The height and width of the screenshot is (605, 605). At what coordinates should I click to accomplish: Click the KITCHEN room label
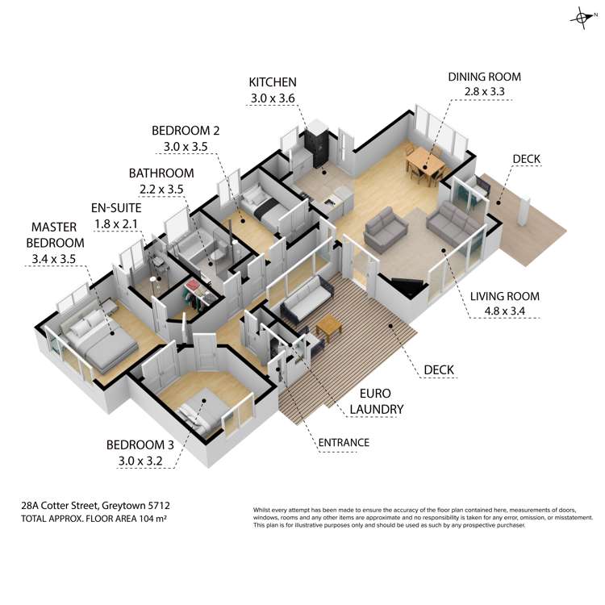pos(273,82)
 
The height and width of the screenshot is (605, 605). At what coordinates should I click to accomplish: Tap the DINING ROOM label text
pos(484,77)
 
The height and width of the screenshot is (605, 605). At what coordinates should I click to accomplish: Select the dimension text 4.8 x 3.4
pos(504,311)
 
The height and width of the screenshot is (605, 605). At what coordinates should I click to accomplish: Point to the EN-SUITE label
pos(116,208)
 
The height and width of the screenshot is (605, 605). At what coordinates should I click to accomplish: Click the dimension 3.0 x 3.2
pos(140,461)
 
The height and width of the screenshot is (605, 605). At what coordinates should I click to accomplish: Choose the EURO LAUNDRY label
pos(376,401)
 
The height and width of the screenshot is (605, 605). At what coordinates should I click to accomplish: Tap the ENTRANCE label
pos(344,443)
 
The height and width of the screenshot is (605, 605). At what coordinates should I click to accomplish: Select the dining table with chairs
pos(426,164)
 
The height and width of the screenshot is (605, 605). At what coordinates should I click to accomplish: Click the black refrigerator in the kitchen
pos(316,148)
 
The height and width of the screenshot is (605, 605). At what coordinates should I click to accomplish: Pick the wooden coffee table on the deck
pos(329,328)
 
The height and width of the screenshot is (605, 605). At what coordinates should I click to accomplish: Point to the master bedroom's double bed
pos(98,339)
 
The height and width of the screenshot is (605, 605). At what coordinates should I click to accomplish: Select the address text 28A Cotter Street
pos(60,506)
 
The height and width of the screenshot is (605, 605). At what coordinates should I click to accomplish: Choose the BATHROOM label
pos(161,173)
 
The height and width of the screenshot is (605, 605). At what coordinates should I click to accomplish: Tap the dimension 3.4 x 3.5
pos(53,259)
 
